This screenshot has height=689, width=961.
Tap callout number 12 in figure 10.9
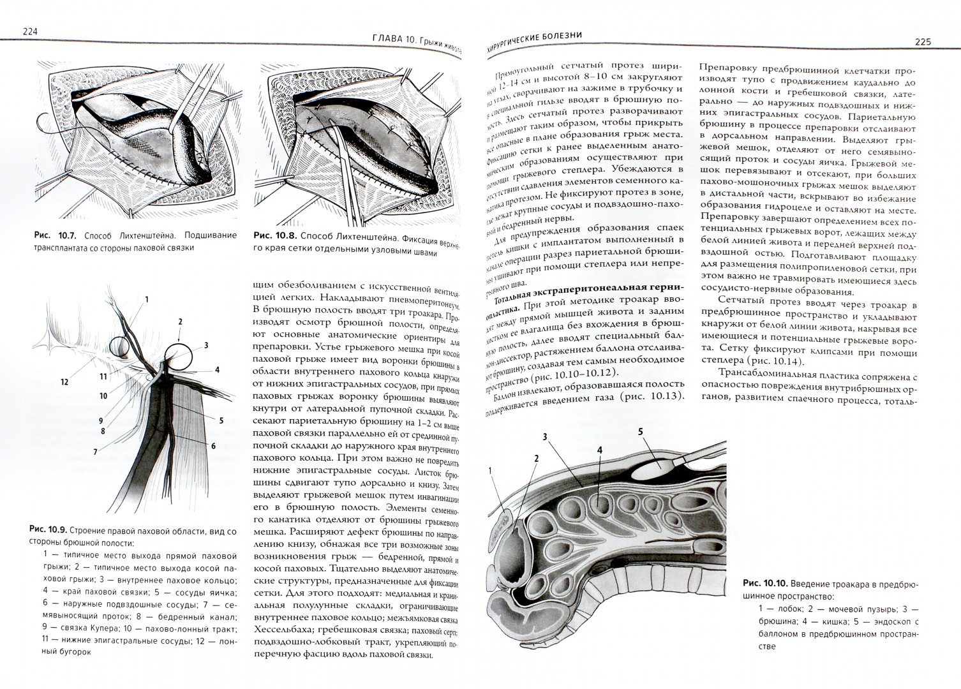pos(64,382)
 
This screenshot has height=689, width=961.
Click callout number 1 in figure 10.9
pos(146,299)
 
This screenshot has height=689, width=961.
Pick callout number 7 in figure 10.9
pos(94,452)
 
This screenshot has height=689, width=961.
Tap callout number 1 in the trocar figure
pos(490,471)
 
